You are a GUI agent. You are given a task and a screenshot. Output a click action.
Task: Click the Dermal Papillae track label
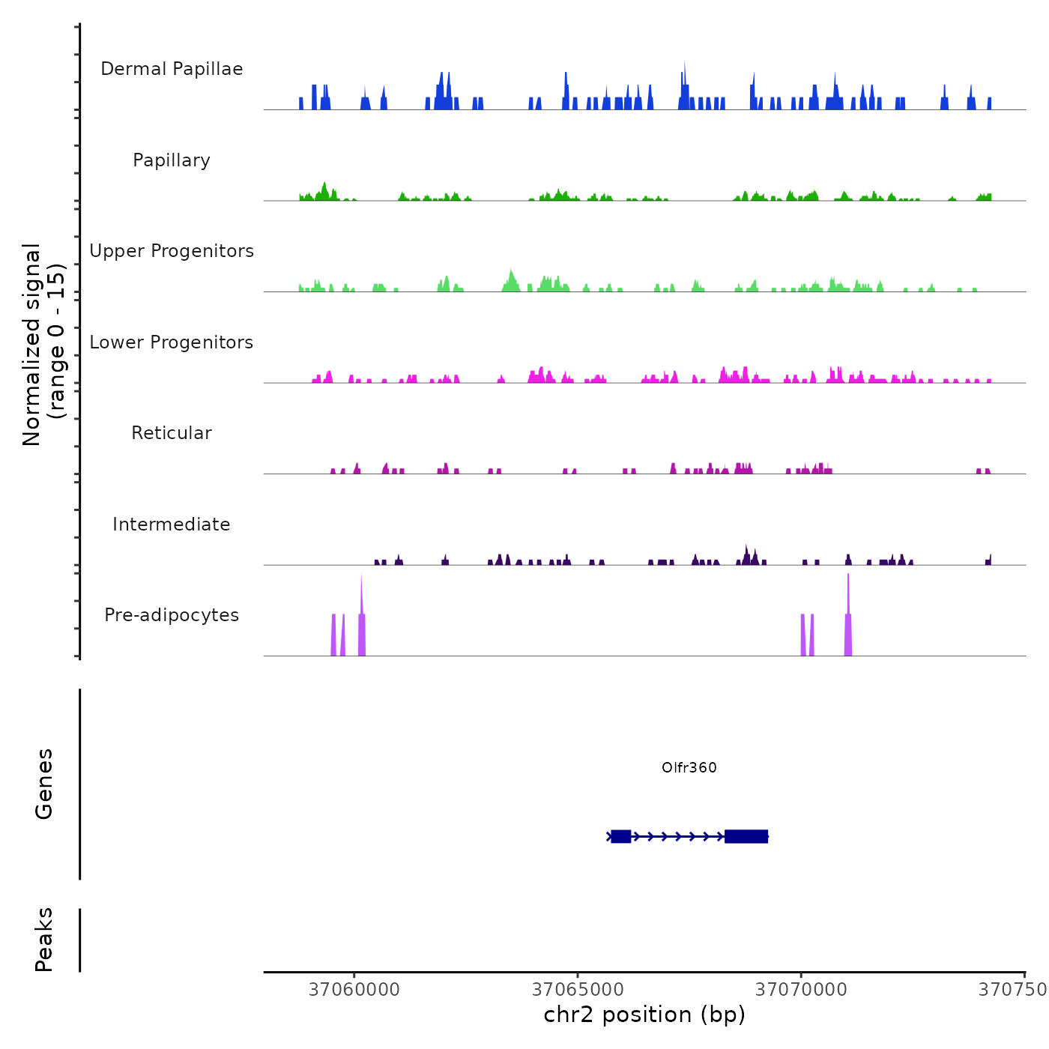(x=172, y=69)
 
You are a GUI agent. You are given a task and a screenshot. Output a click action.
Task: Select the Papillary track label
(x=172, y=160)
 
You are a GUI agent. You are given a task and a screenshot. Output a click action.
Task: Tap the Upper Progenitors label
(x=172, y=251)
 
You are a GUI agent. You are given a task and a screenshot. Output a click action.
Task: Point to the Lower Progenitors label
(x=172, y=342)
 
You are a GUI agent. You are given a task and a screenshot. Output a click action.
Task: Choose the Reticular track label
(x=172, y=433)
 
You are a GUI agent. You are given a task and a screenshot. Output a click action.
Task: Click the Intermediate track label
(x=172, y=524)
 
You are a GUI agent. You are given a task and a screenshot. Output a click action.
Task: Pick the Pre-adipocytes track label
(x=172, y=615)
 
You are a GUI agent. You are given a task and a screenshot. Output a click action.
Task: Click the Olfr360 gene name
(x=689, y=767)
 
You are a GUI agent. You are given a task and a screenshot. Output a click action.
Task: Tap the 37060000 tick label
(x=354, y=990)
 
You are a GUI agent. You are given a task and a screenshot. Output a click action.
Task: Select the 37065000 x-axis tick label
(x=578, y=990)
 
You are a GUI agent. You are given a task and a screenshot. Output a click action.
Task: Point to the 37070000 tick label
(x=801, y=990)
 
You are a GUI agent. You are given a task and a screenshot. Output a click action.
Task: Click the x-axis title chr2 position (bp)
(x=644, y=1015)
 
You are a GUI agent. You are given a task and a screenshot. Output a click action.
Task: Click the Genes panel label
(x=44, y=783)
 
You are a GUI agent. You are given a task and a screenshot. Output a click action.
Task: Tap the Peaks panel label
(x=44, y=939)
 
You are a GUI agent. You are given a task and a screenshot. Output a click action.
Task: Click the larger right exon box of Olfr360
(x=746, y=836)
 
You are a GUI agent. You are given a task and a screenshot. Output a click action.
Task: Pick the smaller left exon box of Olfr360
(x=620, y=836)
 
